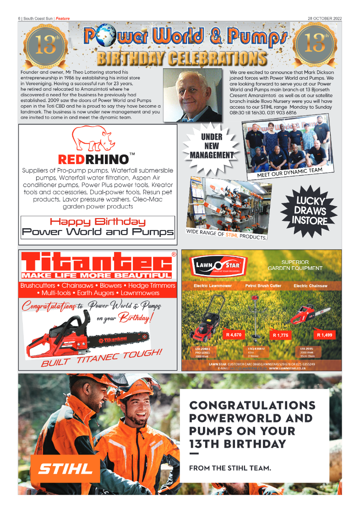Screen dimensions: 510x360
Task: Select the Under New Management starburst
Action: tap(212, 146)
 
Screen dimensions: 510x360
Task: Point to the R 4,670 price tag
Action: tap(234, 335)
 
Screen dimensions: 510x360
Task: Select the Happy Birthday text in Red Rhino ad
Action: tap(98, 222)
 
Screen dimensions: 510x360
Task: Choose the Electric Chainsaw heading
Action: tap(311, 285)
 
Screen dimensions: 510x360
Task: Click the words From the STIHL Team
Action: tap(230, 468)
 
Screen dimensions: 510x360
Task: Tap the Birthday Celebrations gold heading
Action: tap(182, 58)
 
